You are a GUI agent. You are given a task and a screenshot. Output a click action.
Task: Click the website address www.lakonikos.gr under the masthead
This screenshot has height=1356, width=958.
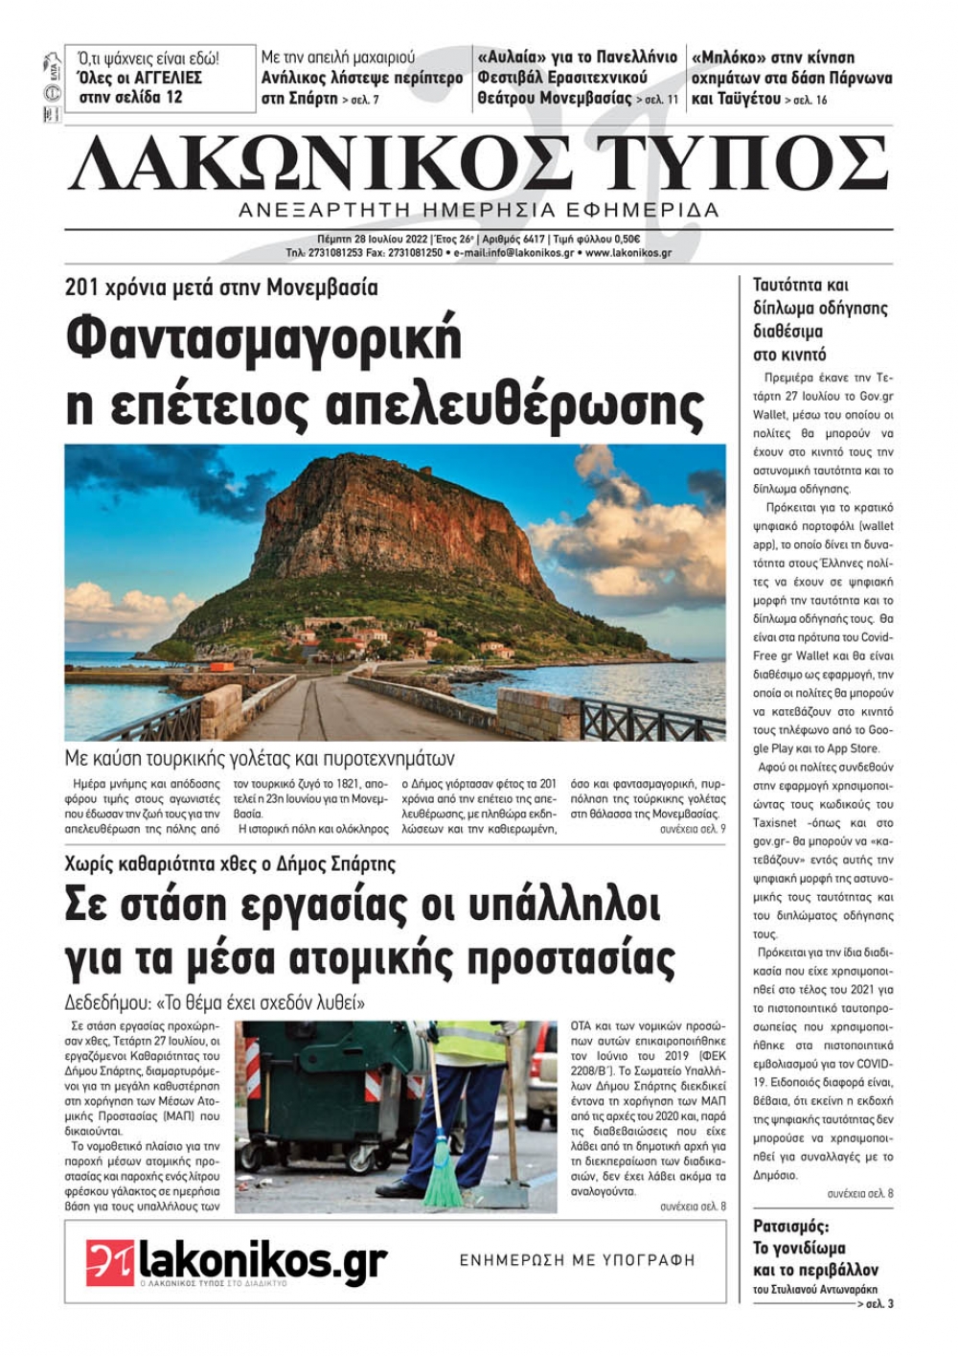point(627,254)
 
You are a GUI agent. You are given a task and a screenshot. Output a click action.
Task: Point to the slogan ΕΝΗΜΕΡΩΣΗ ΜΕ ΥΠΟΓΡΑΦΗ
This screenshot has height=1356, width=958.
point(578,1260)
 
